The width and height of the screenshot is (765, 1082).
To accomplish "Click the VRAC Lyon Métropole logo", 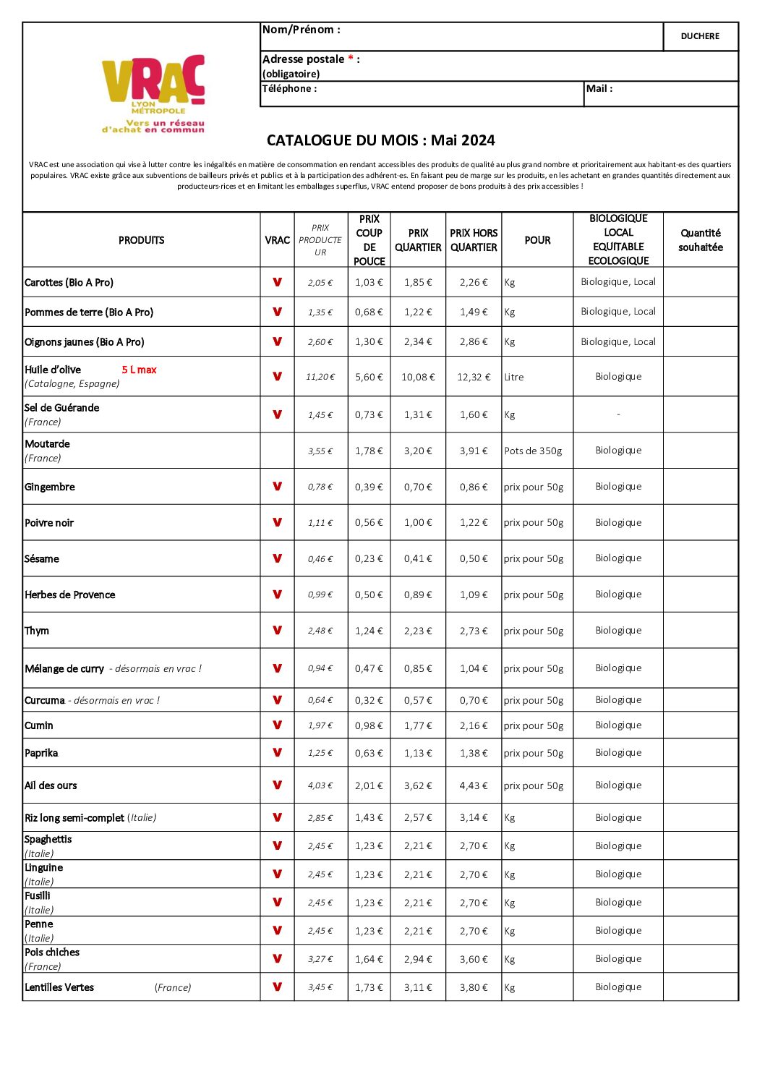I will [x=153, y=93].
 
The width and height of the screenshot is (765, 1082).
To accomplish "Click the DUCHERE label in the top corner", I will [x=700, y=36].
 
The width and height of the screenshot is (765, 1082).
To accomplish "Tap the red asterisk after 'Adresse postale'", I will [x=351, y=59].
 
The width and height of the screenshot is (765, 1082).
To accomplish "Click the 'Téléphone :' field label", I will [x=289, y=88].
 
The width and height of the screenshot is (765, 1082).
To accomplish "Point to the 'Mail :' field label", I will [x=599, y=88].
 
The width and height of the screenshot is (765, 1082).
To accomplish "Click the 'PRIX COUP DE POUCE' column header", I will [x=369, y=240].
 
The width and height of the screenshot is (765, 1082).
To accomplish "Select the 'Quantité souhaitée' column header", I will [x=700, y=240].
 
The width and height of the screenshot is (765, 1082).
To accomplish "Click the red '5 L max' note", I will [x=139, y=370].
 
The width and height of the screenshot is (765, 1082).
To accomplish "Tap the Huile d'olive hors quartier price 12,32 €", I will [x=474, y=377].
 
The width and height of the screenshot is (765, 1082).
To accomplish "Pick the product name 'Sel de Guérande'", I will [x=62, y=408].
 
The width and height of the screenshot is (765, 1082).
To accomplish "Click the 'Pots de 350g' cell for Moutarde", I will [x=533, y=451].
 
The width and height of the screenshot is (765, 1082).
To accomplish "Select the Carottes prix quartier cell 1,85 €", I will [x=418, y=282].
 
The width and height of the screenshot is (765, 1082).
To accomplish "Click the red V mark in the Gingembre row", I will [x=277, y=486].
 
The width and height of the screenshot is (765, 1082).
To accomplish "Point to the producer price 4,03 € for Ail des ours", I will [x=320, y=785].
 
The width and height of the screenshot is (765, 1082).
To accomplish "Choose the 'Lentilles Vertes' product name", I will [x=59, y=987].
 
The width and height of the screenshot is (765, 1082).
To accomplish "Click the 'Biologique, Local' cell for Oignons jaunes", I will [x=618, y=341].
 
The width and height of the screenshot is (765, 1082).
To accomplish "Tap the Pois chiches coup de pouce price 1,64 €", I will [x=369, y=959].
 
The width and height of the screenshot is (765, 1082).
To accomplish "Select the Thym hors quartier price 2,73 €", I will [x=474, y=631].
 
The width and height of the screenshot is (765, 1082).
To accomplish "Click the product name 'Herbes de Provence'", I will [x=70, y=595].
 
